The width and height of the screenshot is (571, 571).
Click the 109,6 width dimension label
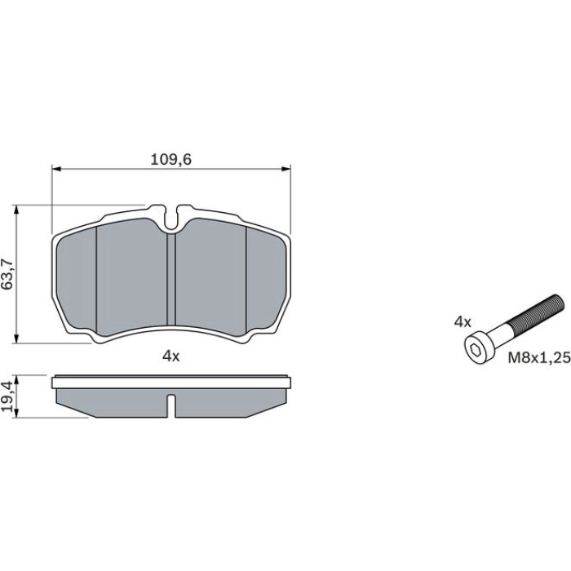[x=170, y=160]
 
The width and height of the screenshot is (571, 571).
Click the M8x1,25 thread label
[x=539, y=358]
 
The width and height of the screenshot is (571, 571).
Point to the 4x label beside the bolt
[x=463, y=322]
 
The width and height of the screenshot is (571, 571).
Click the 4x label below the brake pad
[x=170, y=356]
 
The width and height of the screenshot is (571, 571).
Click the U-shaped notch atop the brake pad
[x=170, y=219]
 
